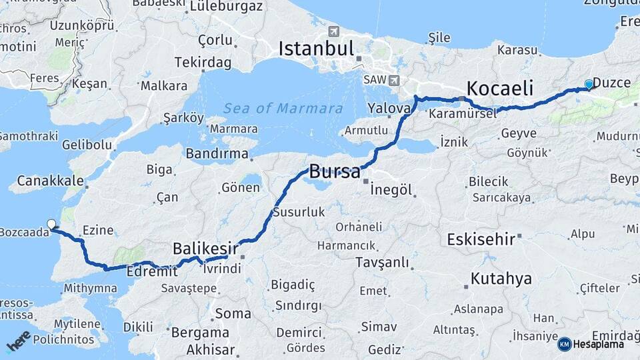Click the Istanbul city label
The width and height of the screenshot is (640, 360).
pyautogui.click(x=316, y=48)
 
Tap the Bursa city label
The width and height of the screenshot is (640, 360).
pyautogui.click(x=335, y=171)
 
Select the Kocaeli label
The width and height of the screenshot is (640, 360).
pyautogui.click(x=500, y=88)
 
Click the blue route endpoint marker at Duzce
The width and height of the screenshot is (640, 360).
pyautogui.click(x=589, y=84)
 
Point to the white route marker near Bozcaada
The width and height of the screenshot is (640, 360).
pyautogui.click(x=51, y=224)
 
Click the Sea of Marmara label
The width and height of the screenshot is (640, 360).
pyautogui.click(x=283, y=109)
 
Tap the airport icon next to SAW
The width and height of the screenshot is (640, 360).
pyautogui.click(x=394, y=80)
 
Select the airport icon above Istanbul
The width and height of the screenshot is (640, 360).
pyautogui.click(x=334, y=31)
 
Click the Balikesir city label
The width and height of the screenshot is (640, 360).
pyautogui.click(x=201, y=248)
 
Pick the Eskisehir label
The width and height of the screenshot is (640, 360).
pyautogui.click(x=481, y=239)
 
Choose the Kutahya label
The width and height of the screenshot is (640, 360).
pyautogui.click(x=501, y=278)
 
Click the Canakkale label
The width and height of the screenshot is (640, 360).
pyautogui.click(x=50, y=181)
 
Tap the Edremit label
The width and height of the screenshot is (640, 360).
pyautogui.click(x=157, y=271)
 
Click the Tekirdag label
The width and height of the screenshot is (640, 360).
pyautogui.click(x=203, y=63)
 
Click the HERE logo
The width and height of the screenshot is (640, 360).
pyautogui.click(x=19, y=341)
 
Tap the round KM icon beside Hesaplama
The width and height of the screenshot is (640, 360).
pyautogui.click(x=565, y=344)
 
